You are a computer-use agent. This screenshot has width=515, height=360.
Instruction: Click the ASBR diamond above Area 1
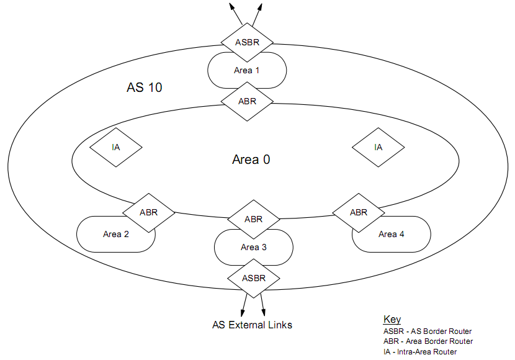click(247, 43)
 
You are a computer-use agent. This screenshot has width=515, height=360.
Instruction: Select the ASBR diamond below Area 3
click(253, 277)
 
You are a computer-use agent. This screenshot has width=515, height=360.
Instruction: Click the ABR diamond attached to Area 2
click(148, 212)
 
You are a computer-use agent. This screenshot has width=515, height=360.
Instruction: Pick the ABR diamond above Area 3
click(253, 219)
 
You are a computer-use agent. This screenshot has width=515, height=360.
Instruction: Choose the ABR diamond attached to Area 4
click(359, 212)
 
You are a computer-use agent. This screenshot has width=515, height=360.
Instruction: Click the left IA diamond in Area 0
click(116, 148)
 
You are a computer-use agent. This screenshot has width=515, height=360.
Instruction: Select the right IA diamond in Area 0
click(378, 148)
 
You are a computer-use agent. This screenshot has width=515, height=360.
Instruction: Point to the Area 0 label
click(251, 160)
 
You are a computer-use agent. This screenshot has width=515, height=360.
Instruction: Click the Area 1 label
click(246, 70)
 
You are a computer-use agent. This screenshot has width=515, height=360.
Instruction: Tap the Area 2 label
click(116, 234)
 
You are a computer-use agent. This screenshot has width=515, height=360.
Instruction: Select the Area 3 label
click(254, 247)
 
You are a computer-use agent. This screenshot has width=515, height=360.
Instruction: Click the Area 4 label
click(392, 234)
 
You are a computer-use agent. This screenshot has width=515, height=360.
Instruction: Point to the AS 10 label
click(144, 88)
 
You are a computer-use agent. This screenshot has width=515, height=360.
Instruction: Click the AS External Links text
click(252, 325)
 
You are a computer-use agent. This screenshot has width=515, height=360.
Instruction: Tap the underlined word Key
click(392, 320)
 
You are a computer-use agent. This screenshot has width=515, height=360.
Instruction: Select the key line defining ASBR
click(428, 331)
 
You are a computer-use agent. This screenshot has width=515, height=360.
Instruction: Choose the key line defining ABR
click(428, 341)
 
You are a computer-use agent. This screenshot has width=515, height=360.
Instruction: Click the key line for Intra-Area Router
click(420, 352)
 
